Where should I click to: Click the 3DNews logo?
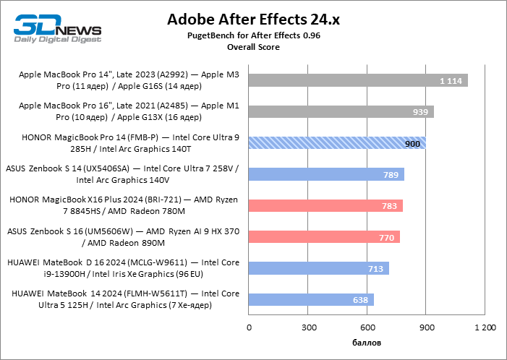[58, 29]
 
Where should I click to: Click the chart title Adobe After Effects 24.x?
[253, 20]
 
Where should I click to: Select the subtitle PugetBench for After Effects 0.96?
[253, 35]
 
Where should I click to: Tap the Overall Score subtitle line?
[253, 47]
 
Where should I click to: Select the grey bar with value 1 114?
[358, 80]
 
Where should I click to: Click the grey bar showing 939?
[341, 111]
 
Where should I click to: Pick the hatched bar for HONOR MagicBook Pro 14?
[337, 143]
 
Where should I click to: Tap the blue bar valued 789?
[326, 174]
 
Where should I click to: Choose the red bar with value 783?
[325, 205]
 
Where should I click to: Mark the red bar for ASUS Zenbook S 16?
[324, 237]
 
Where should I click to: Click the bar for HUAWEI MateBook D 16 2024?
[319, 268]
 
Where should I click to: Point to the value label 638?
[360, 300]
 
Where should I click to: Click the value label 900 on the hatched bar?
[412, 143]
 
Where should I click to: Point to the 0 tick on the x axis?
[249, 327]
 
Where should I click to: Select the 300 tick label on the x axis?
[309, 327]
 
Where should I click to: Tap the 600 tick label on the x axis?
[367, 327]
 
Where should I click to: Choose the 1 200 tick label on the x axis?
[485, 327]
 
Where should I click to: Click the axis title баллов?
[367, 343]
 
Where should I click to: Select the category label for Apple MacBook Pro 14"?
[129, 80]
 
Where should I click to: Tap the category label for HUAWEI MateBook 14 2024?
[125, 299]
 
